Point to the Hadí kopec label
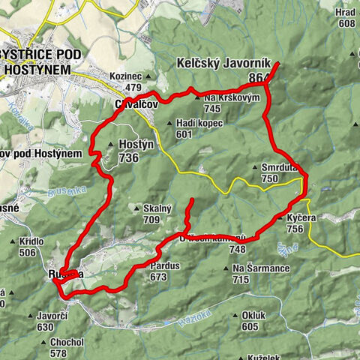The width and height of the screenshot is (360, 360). tap(199, 124)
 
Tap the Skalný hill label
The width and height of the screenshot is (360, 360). tap(154, 208)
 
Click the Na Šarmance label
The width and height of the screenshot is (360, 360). tap(250, 268)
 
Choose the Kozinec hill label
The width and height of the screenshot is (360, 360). tap(125, 76)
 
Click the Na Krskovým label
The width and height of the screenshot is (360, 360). tap(232, 98)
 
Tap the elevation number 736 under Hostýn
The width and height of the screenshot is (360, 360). tap(129, 158)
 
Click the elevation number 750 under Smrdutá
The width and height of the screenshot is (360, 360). tap(270, 179)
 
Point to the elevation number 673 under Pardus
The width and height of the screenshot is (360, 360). tap(157, 277)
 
